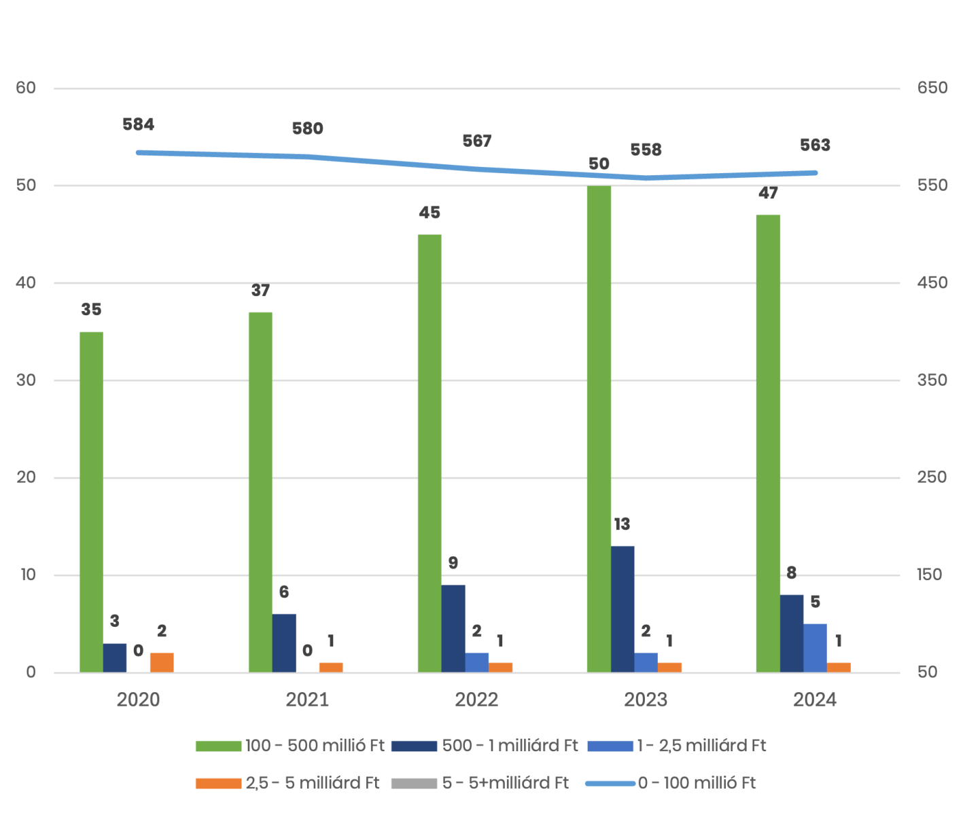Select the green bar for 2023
[599, 428]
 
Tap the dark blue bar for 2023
[622, 609]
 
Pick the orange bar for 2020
[162, 662]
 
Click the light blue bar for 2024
[815, 648]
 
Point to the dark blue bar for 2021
[284, 642]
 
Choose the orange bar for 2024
[839, 667]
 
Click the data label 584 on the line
[139, 125]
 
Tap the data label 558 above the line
[646, 150]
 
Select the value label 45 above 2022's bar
[429, 213]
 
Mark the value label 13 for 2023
[622, 524]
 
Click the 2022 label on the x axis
[477, 700]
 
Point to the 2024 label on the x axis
[815, 700]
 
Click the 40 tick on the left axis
[26, 283]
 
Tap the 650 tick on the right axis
[932, 88]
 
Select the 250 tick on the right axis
[932, 477]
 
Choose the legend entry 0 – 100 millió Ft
[697, 783]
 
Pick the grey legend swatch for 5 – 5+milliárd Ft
[414, 783]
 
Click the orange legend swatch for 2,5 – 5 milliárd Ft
[218, 783]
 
